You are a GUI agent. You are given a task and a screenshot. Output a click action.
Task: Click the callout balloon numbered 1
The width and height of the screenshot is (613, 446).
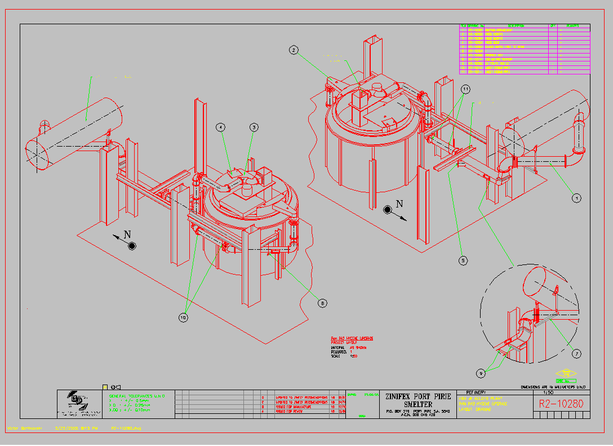[576, 198]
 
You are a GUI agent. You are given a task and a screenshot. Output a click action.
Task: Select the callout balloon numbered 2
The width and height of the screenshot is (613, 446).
[294, 50]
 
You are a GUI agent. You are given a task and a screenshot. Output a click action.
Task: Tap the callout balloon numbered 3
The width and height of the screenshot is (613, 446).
[254, 127]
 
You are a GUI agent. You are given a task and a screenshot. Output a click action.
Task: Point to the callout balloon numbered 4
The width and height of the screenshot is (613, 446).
[220, 127]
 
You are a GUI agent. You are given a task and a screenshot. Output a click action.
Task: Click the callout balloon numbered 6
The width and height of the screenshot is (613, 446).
[322, 303]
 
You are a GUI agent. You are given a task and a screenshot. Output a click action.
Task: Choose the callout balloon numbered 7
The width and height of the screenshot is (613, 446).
[576, 354]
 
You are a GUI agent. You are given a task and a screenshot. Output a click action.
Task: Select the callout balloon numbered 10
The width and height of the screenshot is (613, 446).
[183, 317]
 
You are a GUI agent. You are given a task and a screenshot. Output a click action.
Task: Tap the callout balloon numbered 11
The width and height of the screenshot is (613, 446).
[465, 89]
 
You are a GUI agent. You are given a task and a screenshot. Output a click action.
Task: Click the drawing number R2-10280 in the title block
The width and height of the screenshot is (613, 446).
[561, 404]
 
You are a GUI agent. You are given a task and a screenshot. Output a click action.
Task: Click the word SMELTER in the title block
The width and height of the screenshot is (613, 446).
[417, 405]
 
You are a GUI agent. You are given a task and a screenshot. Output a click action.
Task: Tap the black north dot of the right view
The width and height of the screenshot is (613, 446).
[388, 210]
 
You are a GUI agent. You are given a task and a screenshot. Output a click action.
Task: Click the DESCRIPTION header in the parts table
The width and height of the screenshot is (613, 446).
[516, 26]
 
